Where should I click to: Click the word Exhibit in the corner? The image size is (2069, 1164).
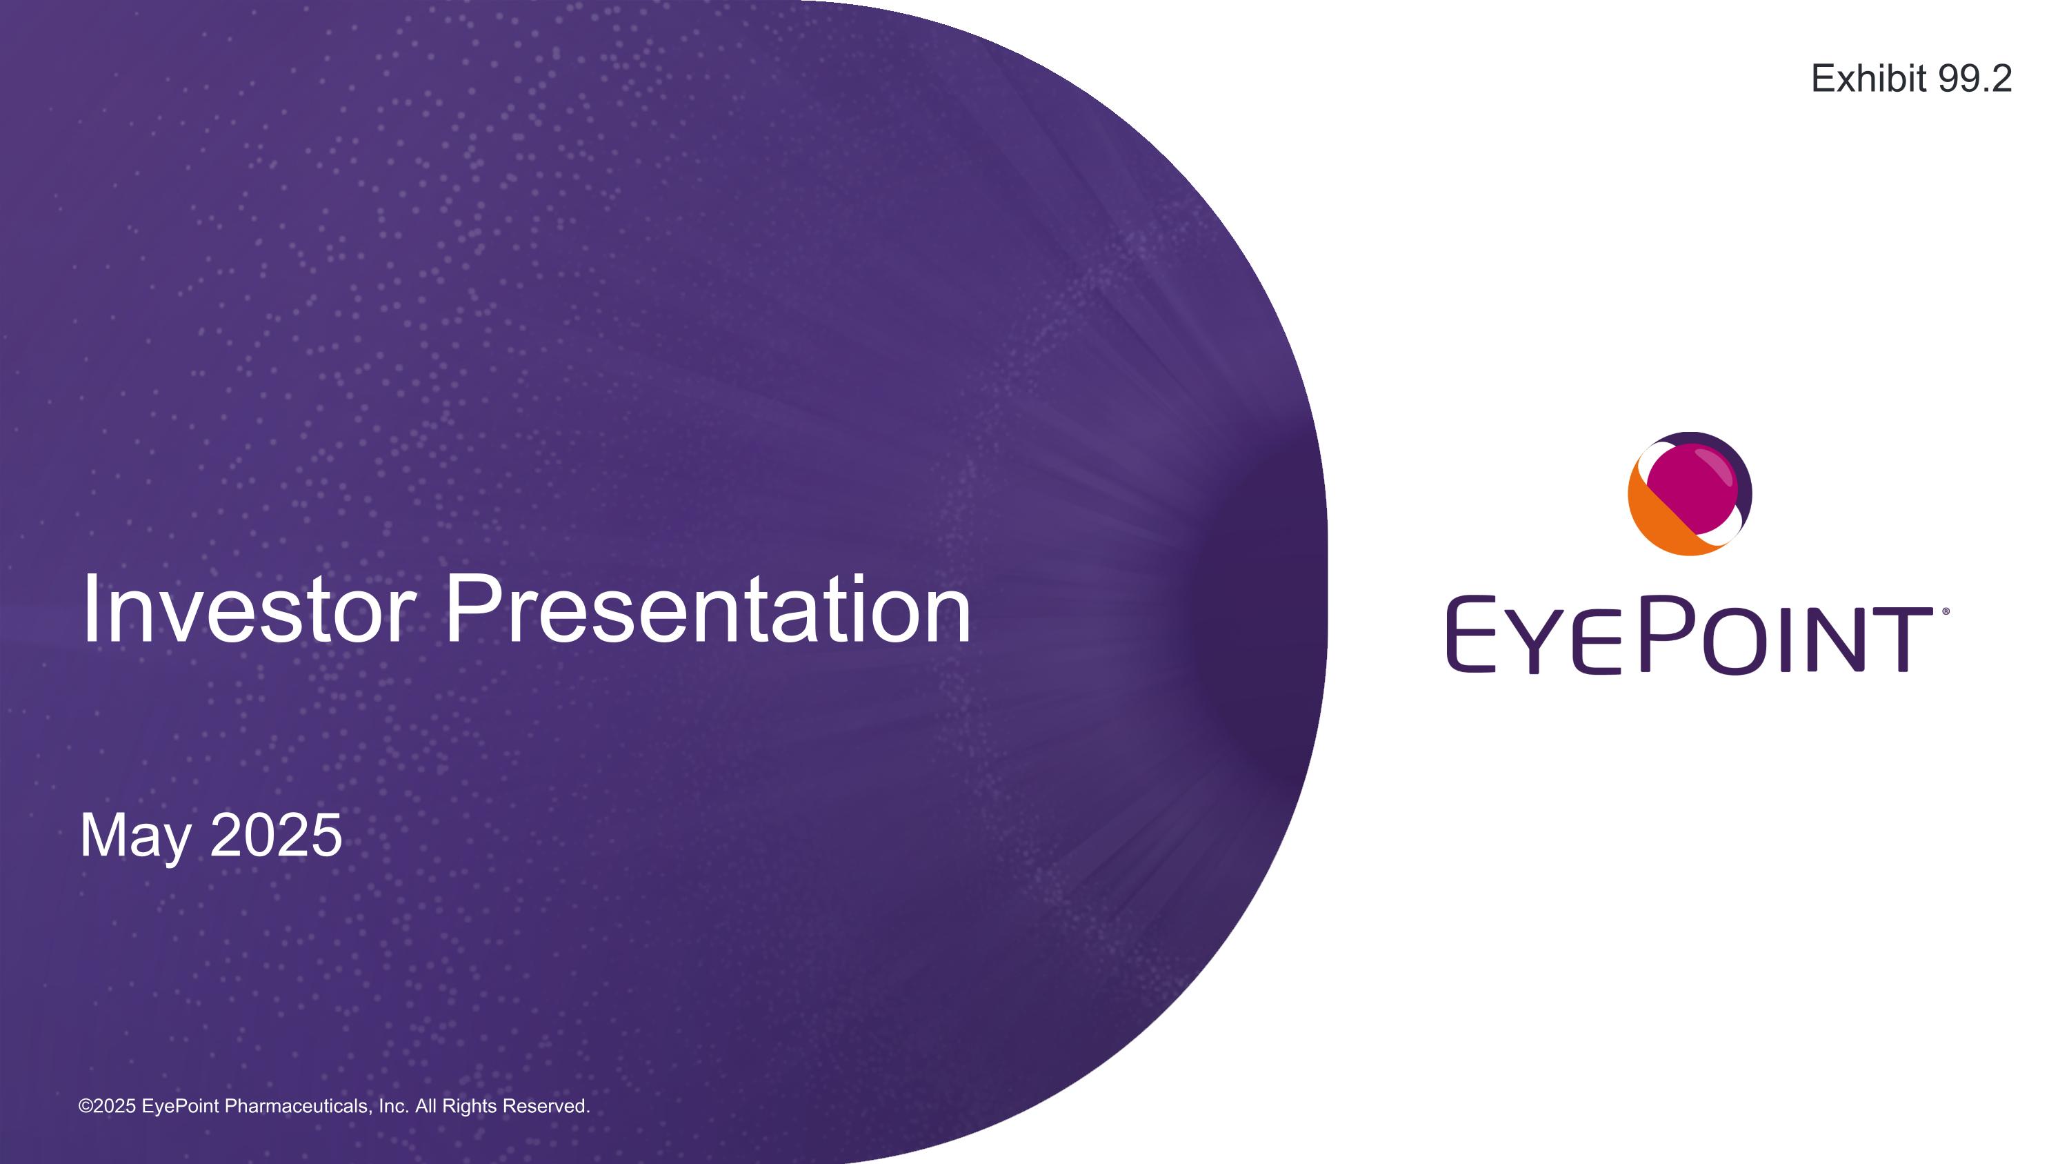pyautogui.click(x=1869, y=79)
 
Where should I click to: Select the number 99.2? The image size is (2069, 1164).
pyautogui.click(x=1975, y=79)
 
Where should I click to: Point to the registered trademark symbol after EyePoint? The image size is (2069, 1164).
pyautogui.click(x=1946, y=611)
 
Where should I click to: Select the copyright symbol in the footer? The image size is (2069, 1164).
pyautogui.click(x=85, y=1106)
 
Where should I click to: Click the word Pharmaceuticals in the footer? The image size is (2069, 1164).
pyautogui.click(x=297, y=1106)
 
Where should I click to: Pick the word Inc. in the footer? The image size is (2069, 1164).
pyautogui.click(x=394, y=1106)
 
